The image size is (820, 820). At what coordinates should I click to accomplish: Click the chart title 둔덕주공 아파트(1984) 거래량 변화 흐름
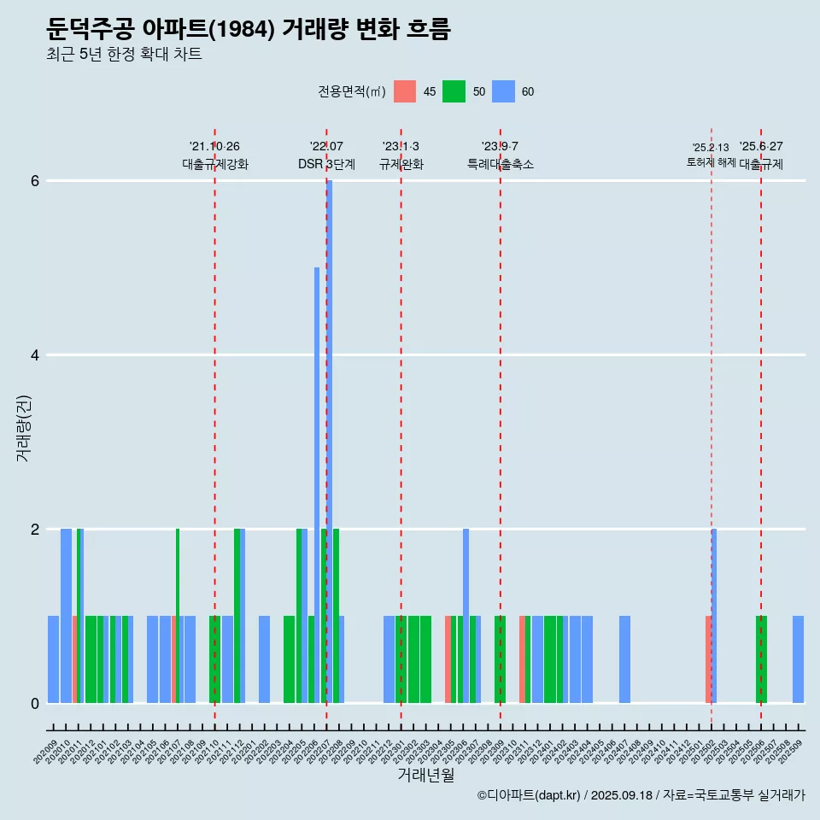[248, 29]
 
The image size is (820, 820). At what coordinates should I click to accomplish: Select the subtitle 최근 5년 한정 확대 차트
[124, 55]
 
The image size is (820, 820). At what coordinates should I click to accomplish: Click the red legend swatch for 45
[405, 91]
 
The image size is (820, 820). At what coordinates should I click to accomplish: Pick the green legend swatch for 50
[454, 91]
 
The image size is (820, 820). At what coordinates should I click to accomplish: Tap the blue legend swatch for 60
[503, 91]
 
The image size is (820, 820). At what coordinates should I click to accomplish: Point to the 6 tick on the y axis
[35, 181]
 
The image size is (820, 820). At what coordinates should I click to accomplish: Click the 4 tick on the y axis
[35, 355]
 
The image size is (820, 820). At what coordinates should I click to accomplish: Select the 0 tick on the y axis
[35, 703]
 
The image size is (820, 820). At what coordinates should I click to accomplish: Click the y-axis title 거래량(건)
[24, 427]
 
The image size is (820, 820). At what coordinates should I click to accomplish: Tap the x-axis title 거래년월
[425, 775]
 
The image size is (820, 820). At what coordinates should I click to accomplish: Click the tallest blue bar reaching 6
[330, 427]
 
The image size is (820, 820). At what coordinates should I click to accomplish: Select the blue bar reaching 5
[317, 478]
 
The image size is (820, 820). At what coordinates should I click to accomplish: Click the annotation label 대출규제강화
[215, 164]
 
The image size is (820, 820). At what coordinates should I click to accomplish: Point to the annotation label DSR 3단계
[326, 164]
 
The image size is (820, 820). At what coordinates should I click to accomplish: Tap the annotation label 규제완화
[401, 164]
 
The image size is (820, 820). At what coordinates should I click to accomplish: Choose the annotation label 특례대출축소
[500, 164]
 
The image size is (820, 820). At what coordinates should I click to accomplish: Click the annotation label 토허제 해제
[711, 161]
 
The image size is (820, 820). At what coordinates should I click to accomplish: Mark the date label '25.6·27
[760, 147]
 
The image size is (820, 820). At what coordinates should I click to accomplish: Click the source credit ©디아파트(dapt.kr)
[530, 795]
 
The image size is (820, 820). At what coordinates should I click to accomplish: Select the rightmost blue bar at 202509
[798, 659]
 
